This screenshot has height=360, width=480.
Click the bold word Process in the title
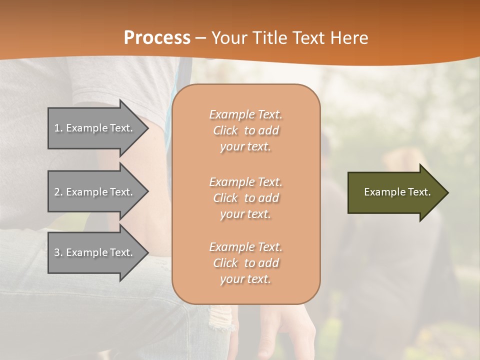[157, 38]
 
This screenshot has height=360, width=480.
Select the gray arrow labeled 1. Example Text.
[95, 128]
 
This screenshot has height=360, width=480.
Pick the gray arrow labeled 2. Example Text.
[95, 192]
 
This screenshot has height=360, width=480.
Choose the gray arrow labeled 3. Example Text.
[95, 252]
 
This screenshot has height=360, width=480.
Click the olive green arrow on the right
[395, 192]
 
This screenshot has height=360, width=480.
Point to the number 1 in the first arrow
[57, 128]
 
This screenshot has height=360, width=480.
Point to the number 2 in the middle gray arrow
[57, 192]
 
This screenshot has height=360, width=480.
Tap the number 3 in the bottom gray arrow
[57, 252]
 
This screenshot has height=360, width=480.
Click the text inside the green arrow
[397, 192]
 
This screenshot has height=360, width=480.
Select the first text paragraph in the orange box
[246, 130]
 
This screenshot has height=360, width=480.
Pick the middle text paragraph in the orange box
[246, 198]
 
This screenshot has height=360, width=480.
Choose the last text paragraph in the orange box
[246, 263]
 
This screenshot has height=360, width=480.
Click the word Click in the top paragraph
[225, 130]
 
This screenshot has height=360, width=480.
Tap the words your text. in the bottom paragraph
[245, 279]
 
